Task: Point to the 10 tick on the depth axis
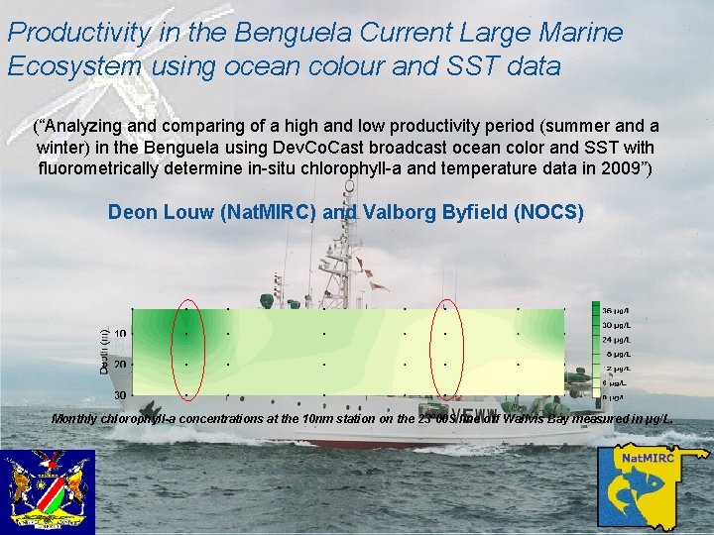[119, 334]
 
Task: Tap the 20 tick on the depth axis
[119, 365]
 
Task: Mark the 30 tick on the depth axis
[119, 395]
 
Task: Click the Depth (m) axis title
[105, 352]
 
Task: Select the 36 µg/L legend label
[621, 311]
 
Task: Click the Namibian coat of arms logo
[48, 492]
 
